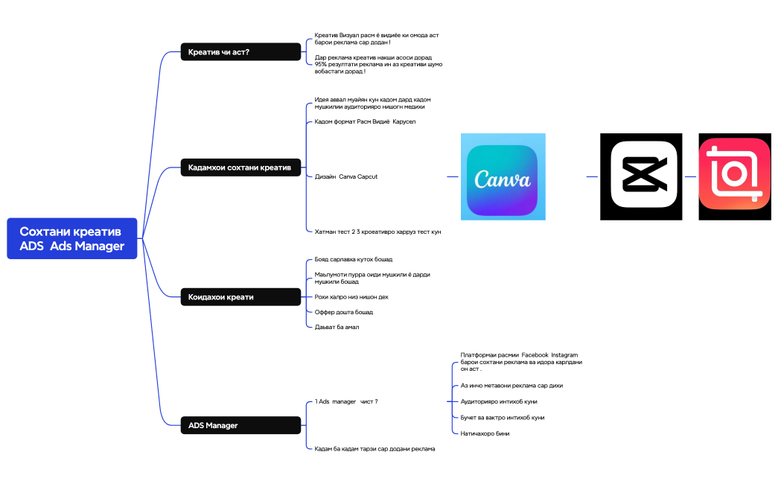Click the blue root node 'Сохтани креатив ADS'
[72, 238]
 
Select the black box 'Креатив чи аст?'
[240, 52]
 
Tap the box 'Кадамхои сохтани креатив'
[240, 168]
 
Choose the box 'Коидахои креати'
[240, 297]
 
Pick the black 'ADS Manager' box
[240, 425]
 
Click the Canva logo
[503, 176]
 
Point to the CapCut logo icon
[641, 176]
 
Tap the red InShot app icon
[735, 176]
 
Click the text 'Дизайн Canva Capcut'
[346, 176]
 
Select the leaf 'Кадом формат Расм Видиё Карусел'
[365, 121]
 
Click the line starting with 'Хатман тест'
[377, 232]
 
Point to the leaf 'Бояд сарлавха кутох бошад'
[353, 259]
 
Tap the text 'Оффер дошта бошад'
[344, 312]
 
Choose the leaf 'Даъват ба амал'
[337, 327]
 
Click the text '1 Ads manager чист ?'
[346, 401]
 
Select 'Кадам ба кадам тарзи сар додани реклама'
[374, 449]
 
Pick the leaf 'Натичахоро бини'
[485, 433]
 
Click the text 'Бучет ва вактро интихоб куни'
[503, 418]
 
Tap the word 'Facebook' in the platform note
[535, 355]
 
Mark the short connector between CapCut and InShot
[690, 176]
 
